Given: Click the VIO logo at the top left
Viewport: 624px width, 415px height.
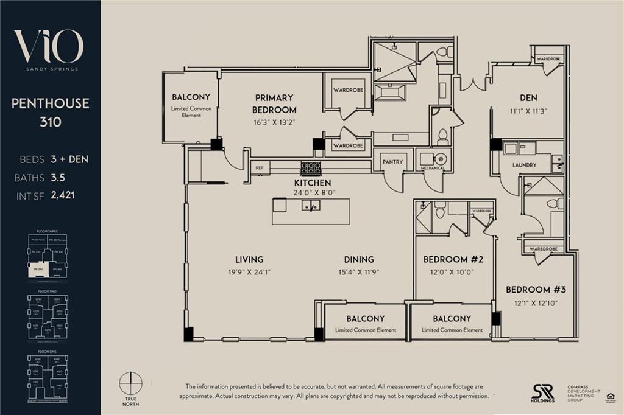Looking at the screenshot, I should click(49, 47).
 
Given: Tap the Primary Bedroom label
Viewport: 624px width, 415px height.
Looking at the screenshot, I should click(275, 103).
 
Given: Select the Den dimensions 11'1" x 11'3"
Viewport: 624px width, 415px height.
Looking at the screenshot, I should click(528, 111).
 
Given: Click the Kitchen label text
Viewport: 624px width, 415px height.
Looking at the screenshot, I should click(312, 183).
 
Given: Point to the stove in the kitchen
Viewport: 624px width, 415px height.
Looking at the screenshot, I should click(311, 169).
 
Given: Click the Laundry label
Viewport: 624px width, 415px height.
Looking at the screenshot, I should click(524, 165).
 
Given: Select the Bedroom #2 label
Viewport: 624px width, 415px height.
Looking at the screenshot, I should click(453, 260).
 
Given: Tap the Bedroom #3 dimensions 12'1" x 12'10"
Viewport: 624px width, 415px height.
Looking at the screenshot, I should click(531, 302).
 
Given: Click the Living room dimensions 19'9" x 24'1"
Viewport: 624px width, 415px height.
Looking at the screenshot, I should click(249, 272).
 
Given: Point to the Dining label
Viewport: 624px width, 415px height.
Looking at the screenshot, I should click(358, 259).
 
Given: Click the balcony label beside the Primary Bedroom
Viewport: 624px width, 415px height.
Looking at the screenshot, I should click(191, 97).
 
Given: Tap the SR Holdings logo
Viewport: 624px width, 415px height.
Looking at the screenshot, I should click(542, 392).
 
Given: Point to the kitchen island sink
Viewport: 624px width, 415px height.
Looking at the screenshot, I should click(311, 207).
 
